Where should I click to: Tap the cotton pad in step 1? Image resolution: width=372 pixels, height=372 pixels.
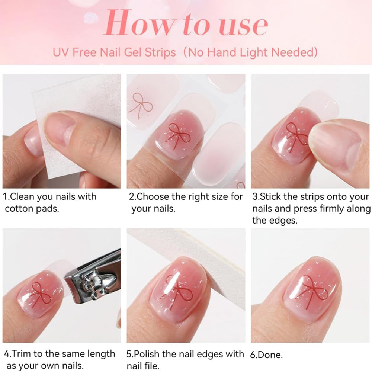76,124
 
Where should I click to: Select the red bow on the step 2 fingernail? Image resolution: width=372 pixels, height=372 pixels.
178,136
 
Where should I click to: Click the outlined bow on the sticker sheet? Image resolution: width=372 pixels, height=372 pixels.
140,105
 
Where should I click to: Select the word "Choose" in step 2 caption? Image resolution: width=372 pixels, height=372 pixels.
152,197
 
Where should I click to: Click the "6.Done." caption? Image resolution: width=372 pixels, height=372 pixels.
266,355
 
